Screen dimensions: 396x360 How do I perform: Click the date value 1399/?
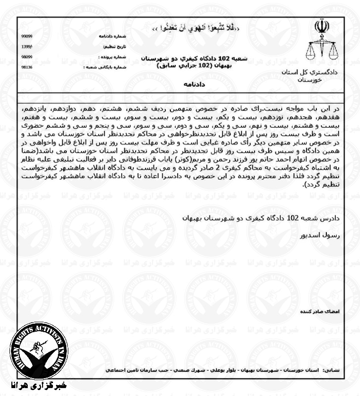27,47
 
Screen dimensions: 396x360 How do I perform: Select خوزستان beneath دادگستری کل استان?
310,80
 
